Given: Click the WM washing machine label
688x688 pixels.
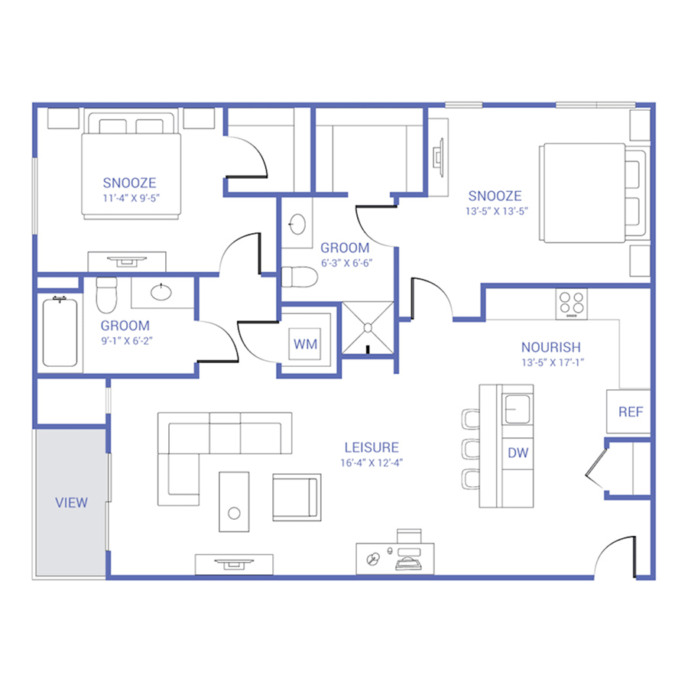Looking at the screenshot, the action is [305, 344].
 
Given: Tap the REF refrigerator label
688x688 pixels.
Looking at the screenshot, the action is [631, 412].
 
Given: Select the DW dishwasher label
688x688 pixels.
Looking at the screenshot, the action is [518, 453].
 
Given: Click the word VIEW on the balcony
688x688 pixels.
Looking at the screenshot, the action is [71, 503].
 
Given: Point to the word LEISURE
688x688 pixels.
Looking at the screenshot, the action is [372, 447].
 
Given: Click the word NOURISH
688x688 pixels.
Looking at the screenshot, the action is [551, 348].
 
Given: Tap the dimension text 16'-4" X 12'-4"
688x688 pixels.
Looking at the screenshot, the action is [372, 463].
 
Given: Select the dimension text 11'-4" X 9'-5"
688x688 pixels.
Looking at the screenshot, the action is [131, 198].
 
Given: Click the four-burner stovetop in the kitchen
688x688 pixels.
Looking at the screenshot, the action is [571, 303].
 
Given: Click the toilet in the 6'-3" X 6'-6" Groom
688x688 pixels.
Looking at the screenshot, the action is [299, 277].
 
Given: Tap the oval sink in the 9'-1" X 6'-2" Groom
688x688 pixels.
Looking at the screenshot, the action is [161, 292].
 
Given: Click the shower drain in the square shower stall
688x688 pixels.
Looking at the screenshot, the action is [368, 328].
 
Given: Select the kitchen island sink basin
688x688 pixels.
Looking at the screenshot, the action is [518, 409].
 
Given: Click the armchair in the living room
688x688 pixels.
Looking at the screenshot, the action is [297, 497].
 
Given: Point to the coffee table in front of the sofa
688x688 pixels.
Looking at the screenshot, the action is [235, 502].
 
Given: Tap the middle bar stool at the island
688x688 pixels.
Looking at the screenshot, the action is [470, 449].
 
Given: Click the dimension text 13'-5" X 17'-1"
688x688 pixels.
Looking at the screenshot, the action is [553, 363].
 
